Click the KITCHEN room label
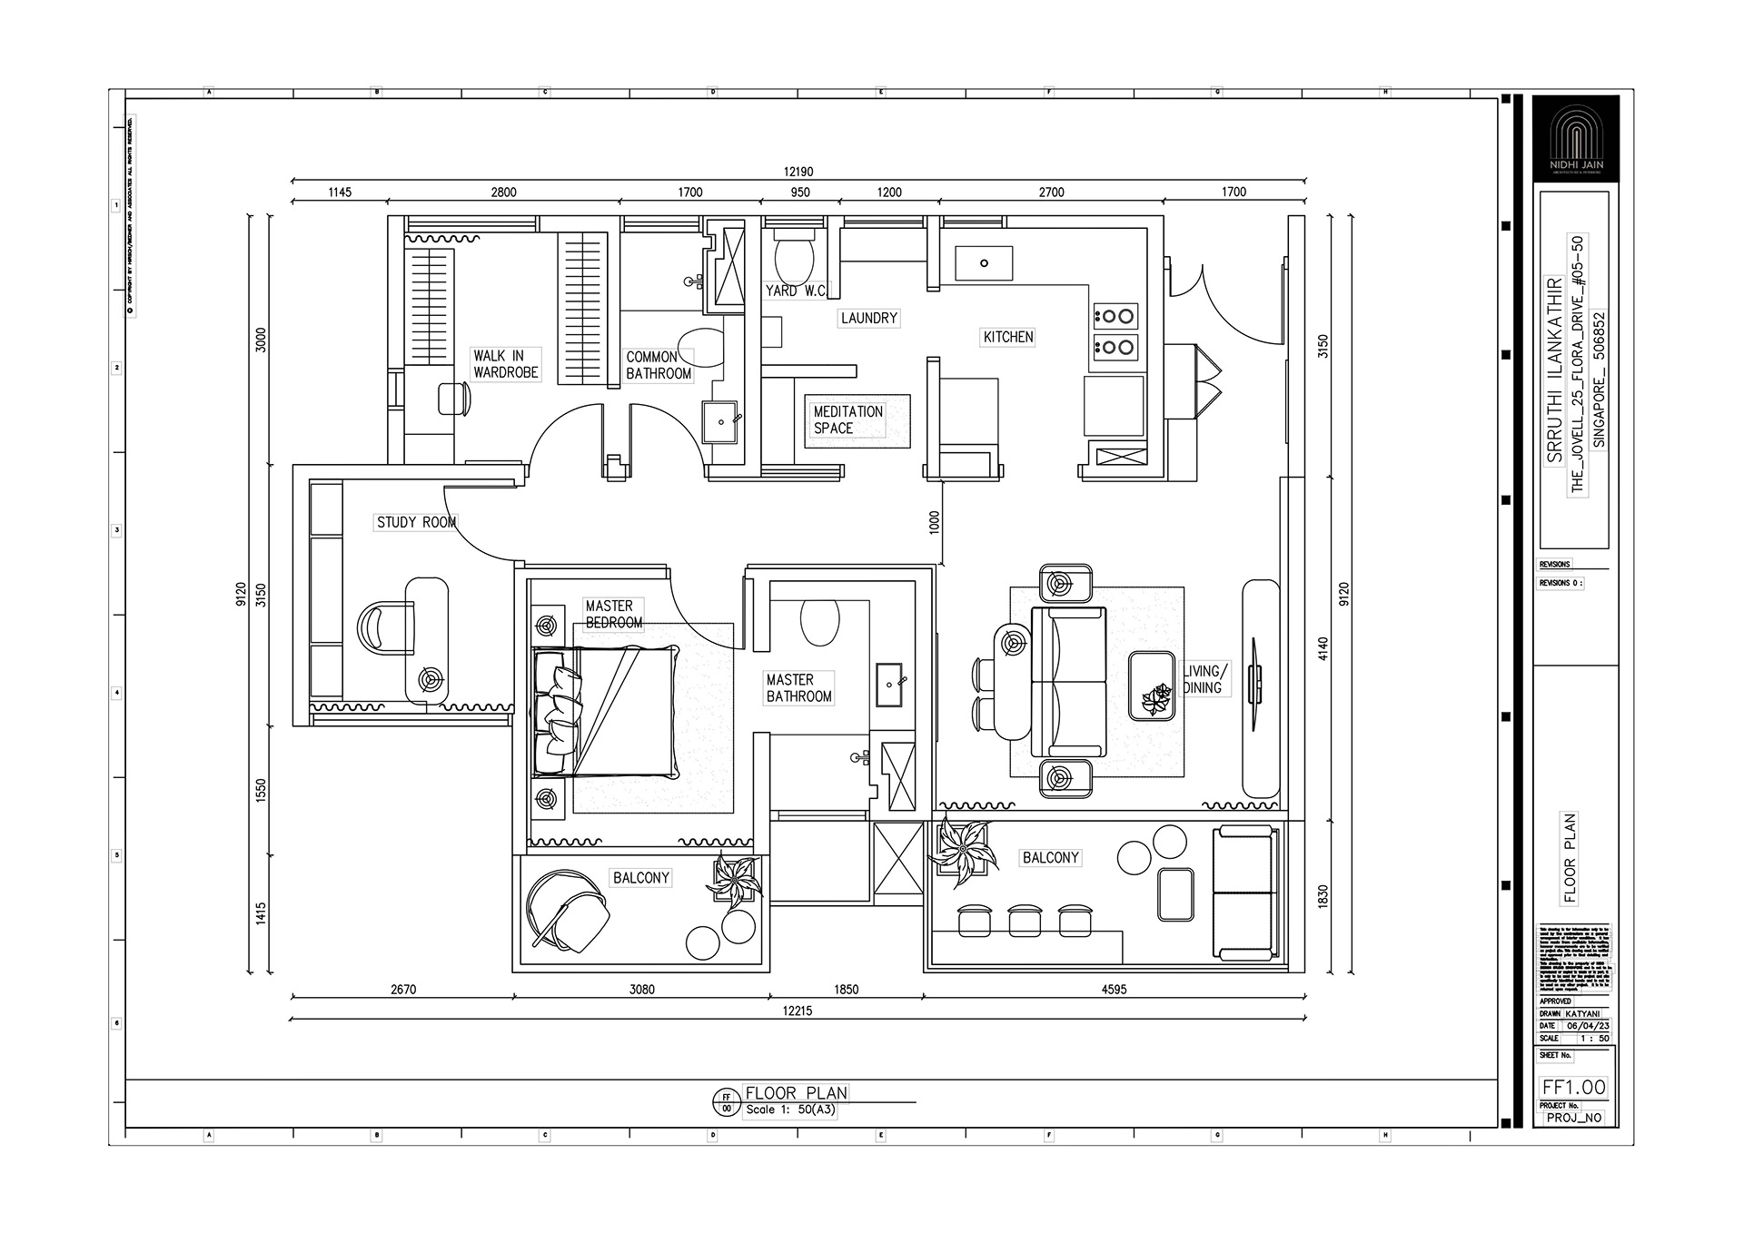1008,337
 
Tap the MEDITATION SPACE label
847,419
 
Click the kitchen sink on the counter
984,263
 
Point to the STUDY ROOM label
416,522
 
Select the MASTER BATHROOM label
798,688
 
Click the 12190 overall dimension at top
798,172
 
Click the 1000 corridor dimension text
935,522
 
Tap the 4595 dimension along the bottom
1114,990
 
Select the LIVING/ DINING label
1205,679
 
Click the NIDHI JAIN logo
1575,139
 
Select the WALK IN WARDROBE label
505,364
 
